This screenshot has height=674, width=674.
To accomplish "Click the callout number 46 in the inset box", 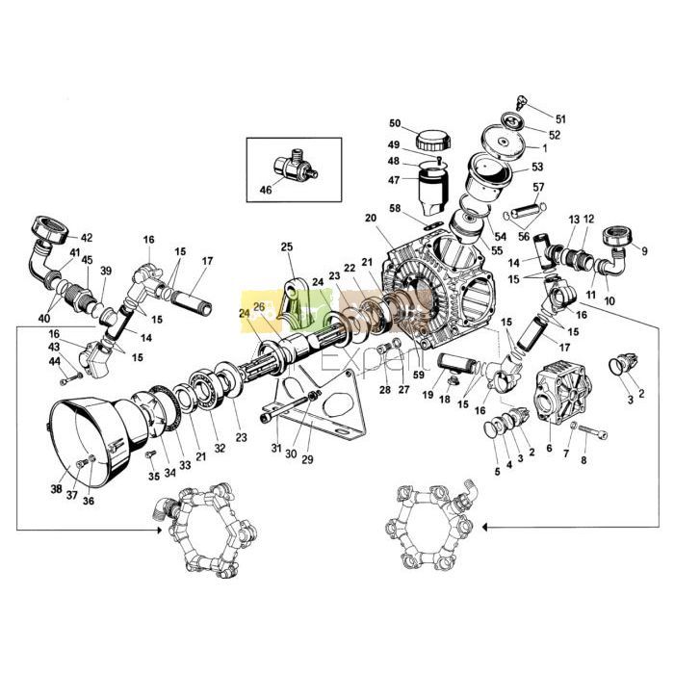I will tap(267, 191).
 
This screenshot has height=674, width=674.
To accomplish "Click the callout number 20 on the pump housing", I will tap(370, 218).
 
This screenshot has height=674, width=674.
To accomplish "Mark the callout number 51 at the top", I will tap(561, 119).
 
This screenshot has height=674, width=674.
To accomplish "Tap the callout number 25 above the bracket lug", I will tap(286, 247).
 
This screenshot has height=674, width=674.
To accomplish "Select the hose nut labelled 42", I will tap(49, 233).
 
